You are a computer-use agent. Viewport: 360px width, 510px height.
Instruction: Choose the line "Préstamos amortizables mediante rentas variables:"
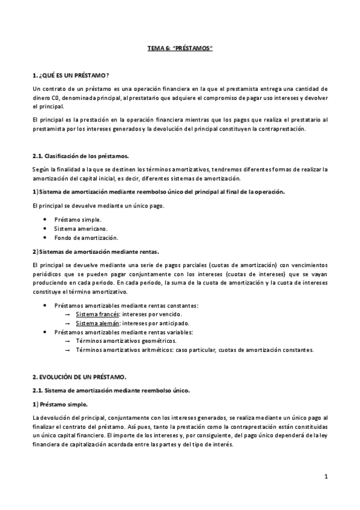123,332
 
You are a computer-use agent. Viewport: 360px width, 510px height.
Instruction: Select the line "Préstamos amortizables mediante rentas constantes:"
126,306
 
